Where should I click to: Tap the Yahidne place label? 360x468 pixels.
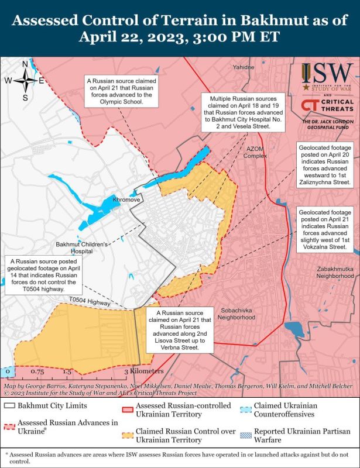point(244,67)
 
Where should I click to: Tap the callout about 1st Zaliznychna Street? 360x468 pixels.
point(325,166)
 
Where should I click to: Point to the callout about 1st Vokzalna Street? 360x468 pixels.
point(325,230)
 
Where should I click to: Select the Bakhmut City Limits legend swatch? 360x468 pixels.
point(10,405)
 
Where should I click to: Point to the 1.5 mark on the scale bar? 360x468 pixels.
point(67,371)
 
